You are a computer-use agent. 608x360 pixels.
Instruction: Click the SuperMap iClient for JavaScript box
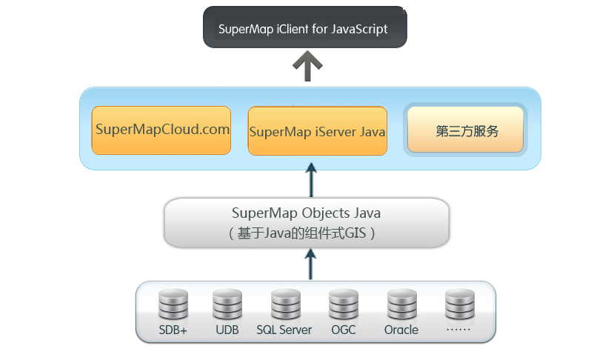click(x=305, y=28)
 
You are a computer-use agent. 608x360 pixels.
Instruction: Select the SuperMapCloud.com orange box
click(x=161, y=130)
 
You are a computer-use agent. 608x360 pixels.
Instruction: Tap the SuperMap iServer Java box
click(x=317, y=131)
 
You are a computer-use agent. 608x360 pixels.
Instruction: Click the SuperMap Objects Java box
click(x=307, y=222)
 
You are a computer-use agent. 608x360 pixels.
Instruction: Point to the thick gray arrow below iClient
click(x=307, y=67)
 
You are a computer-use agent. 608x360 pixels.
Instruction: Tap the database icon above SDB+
click(x=173, y=304)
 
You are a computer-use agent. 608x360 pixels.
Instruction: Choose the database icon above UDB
click(x=227, y=304)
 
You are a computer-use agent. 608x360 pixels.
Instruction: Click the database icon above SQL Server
click(x=285, y=304)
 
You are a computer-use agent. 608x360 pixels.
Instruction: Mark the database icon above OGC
click(x=344, y=304)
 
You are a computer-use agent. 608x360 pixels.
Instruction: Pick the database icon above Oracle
click(x=401, y=304)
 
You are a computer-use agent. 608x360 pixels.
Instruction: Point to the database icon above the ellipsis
click(x=459, y=304)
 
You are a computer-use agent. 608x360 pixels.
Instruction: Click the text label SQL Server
click(x=284, y=330)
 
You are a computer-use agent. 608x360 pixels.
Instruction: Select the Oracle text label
click(x=401, y=330)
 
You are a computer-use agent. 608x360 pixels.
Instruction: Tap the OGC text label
click(x=343, y=330)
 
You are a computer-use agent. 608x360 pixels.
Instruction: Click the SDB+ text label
click(x=173, y=330)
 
